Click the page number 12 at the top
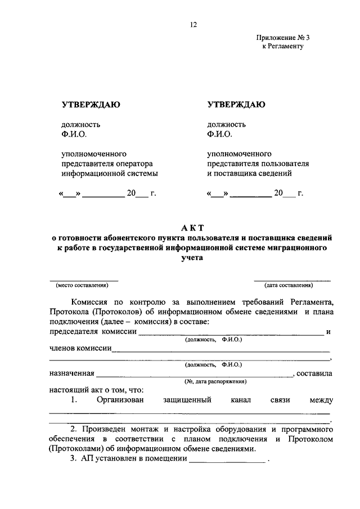(x=193, y=25)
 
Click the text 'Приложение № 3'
(x=283, y=38)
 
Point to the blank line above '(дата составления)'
(x=292, y=280)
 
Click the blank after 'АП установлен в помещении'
(x=227, y=458)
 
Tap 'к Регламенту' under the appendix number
(x=283, y=46)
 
